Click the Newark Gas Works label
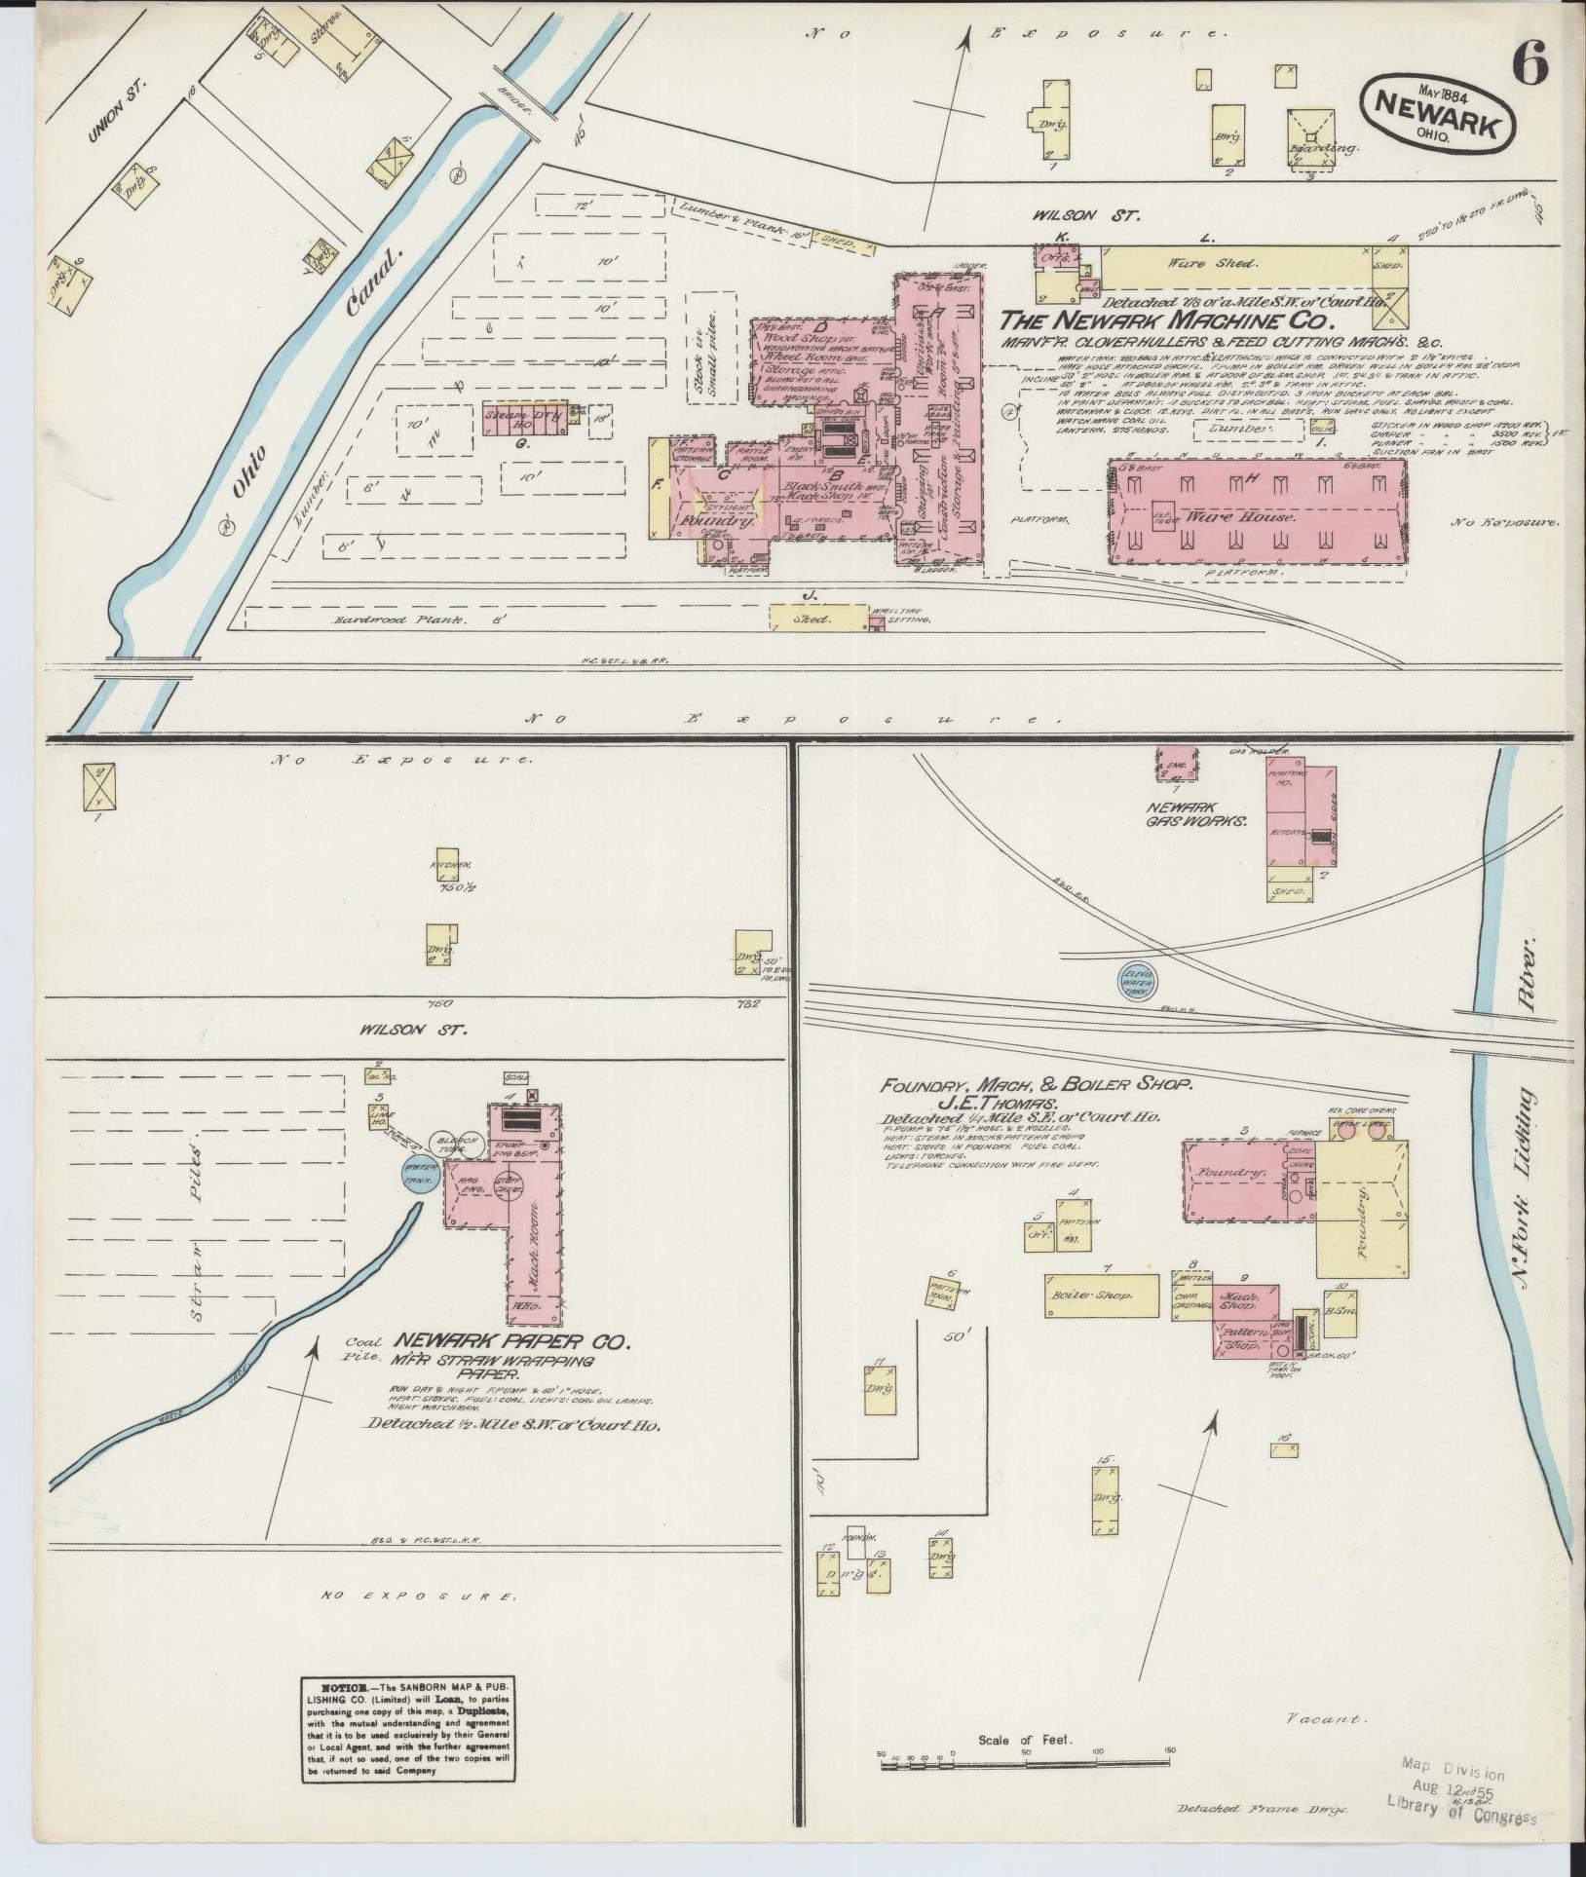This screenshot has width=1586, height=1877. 1196,814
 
